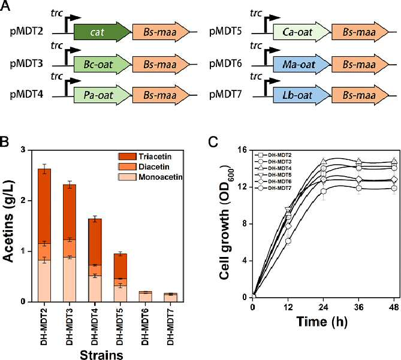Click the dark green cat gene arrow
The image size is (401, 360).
click(x=103, y=32)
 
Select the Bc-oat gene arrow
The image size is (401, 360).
click(x=103, y=64)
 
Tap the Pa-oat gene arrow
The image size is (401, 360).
click(x=103, y=95)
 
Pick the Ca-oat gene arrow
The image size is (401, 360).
click(x=302, y=32)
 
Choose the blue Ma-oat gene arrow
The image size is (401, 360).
click(x=302, y=64)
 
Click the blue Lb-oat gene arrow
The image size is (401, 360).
click(x=302, y=95)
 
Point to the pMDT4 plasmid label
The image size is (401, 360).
click(x=26, y=95)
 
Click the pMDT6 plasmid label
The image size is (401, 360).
click(x=225, y=64)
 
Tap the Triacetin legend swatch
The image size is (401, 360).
click(x=127, y=156)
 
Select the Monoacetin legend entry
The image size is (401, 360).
click(x=150, y=177)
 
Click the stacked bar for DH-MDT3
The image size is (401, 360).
click(x=70, y=243)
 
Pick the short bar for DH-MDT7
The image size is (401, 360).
click(x=170, y=298)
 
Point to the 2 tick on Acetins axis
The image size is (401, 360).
click(x=23, y=201)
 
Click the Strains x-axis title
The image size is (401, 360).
click(x=101, y=355)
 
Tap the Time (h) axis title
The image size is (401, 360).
click(x=322, y=321)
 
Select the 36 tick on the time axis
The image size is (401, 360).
click(x=359, y=307)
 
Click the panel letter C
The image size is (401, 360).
click(x=213, y=142)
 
